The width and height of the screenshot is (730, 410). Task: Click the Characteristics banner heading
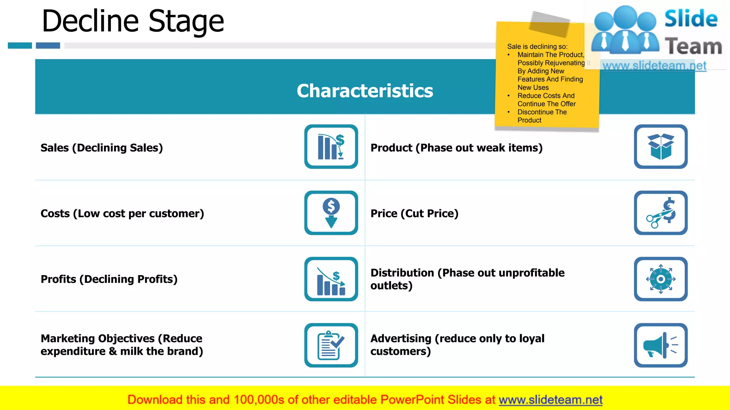[x=365, y=91]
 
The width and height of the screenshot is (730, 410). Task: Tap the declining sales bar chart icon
[x=331, y=147]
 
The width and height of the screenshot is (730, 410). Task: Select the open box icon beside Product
[x=660, y=147]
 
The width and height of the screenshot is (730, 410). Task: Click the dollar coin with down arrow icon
[x=331, y=213]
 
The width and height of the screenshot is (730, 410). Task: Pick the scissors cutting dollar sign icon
[x=660, y=213]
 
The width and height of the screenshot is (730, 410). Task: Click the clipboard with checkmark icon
[x=331, y=345]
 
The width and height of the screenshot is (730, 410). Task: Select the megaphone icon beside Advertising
[x=660, y=345]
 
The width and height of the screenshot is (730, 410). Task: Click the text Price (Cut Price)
[x=414, y=214]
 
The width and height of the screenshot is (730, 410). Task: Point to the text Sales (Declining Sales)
[x=102, y=148]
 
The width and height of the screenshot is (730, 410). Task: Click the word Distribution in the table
[x=402, y=273]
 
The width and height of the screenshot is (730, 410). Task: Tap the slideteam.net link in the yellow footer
[x=550, y=400]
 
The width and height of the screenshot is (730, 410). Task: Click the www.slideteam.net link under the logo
[x=654, y=66]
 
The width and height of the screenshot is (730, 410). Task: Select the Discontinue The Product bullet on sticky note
[x=542, y=116]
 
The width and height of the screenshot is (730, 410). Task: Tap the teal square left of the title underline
[x=20, y=46]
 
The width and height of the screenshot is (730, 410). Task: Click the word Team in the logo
[x=693, y=47]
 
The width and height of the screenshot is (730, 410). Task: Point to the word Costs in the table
[x=55, y=214]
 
